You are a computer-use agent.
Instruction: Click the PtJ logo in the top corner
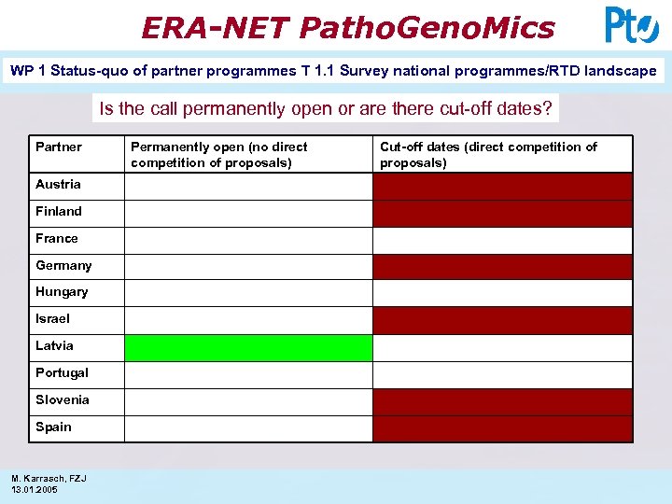pos(632,25)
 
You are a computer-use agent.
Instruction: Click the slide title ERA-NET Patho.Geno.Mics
pos(347,27)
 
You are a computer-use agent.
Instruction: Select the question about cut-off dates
pos(326,108)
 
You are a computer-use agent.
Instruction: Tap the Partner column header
pos(59,147)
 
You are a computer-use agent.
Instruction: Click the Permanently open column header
pos(219,155)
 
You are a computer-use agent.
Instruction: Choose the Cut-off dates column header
pos(488,155)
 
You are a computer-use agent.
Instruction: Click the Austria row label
pos(58,184)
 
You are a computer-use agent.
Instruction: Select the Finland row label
pos(59,211)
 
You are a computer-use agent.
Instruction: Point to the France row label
pos(56,238)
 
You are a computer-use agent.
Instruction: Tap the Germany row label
pos(63,265)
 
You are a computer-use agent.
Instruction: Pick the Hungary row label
pos(62,291)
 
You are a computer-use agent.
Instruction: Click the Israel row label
pos(52,318)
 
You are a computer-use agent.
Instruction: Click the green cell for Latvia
pos(248,348)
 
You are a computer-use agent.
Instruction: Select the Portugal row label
pos(62,372)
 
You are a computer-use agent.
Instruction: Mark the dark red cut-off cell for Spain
pos(502,428)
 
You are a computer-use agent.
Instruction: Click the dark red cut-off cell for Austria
pos(502,187)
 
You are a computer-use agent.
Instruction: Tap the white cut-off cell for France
pos(502,241)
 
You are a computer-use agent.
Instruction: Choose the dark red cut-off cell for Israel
pos(502,321)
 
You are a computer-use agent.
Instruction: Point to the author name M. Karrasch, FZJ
pos(49,478)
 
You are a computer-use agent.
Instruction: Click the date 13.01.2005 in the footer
pos(35,489)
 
